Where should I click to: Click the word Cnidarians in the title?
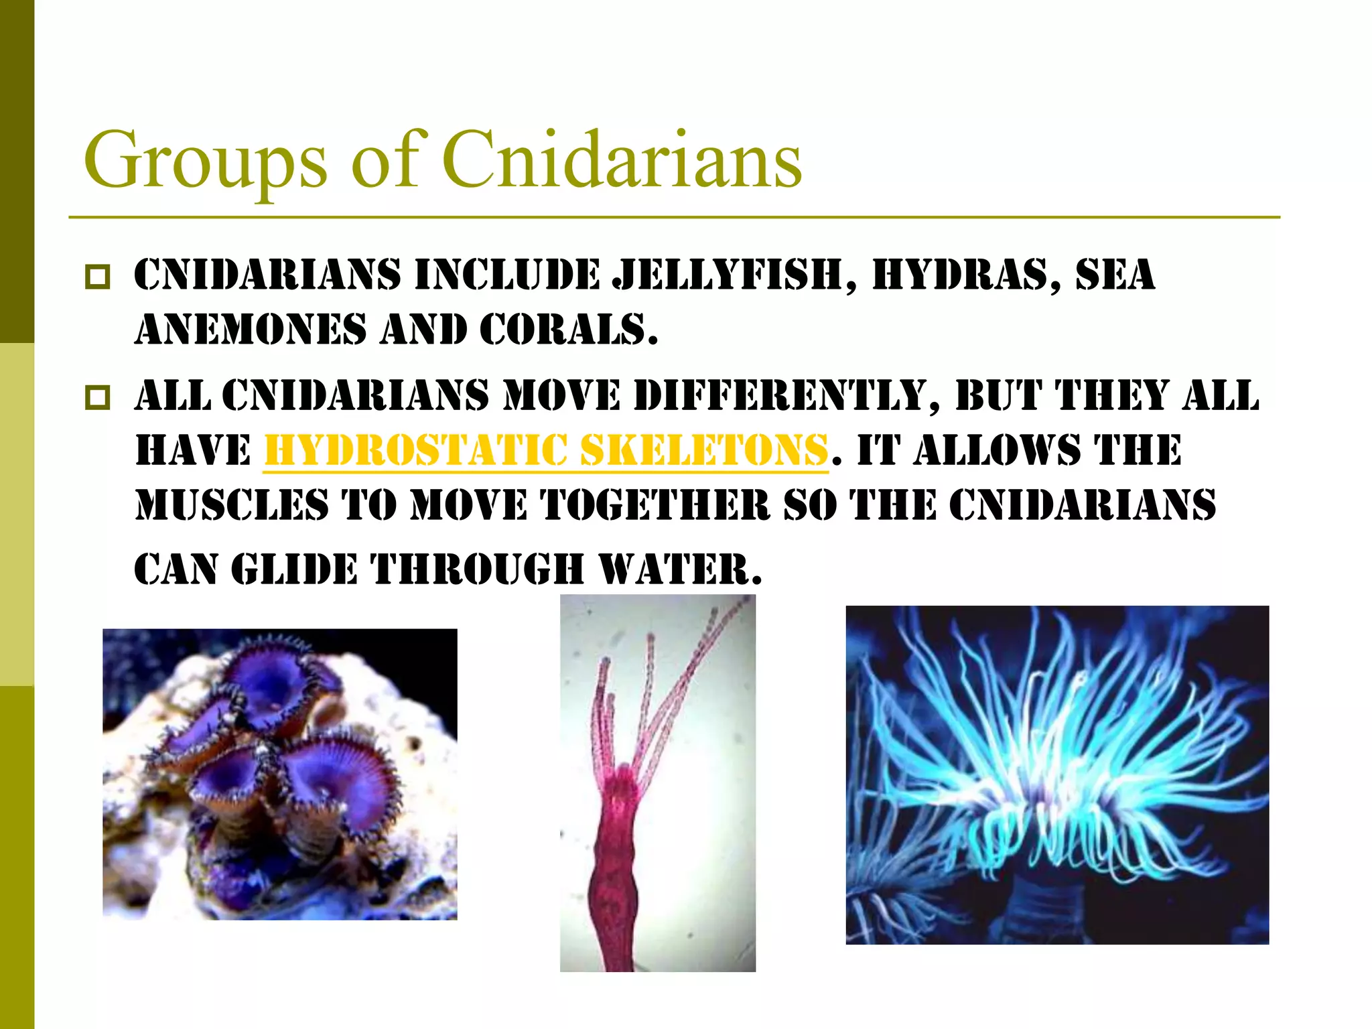coord(621,160)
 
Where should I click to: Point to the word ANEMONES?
coord(251,330)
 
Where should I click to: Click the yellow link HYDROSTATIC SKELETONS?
coord(546,450)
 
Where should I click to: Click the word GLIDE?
coord(294,570)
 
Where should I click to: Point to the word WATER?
coord(679,570)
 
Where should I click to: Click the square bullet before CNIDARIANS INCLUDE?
coord(98,277)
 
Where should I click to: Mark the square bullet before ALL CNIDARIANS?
coord(98,397)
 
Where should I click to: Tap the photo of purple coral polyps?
coord(279,774)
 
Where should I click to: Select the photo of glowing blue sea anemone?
coord(1056,774)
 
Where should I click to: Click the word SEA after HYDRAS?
coord(1115,276)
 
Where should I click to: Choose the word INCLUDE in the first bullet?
coord(507,276)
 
